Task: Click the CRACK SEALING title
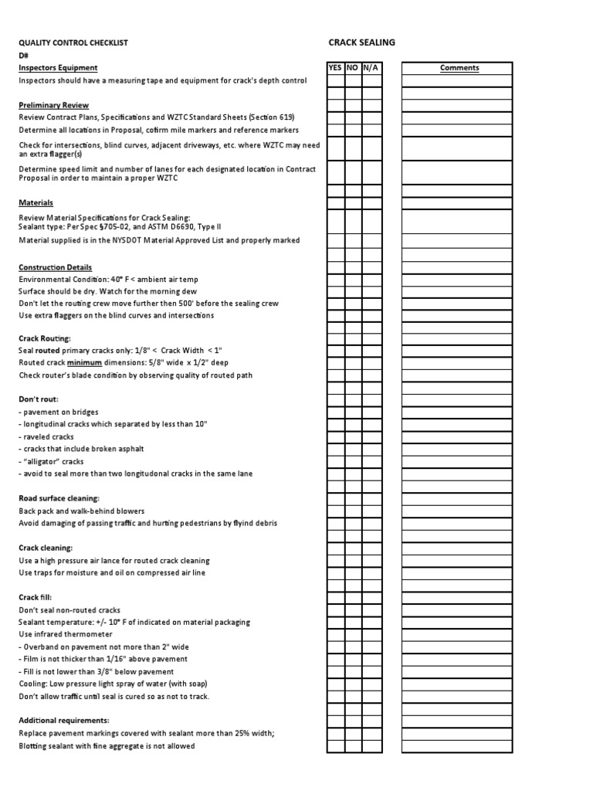[x=362, y=42]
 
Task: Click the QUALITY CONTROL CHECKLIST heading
[x=73, y=43]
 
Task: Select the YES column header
[x=335, y=68]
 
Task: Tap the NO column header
[x=353, y=68]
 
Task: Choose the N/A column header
[x=371, y=68]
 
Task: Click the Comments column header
[x=459, y=68]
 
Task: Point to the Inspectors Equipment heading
[x=58, y=68]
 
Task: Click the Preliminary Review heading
[x=53, y=105]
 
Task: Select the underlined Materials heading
[x=36, y=202]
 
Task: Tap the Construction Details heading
[x=56, y=266]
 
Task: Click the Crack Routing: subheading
[x=44, y=338]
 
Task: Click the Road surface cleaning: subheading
[x=59, y=498]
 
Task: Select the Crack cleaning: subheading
[x=46, y=548]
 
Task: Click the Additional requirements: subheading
[x=63, y=720]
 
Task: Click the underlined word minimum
[x=84, y=362]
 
